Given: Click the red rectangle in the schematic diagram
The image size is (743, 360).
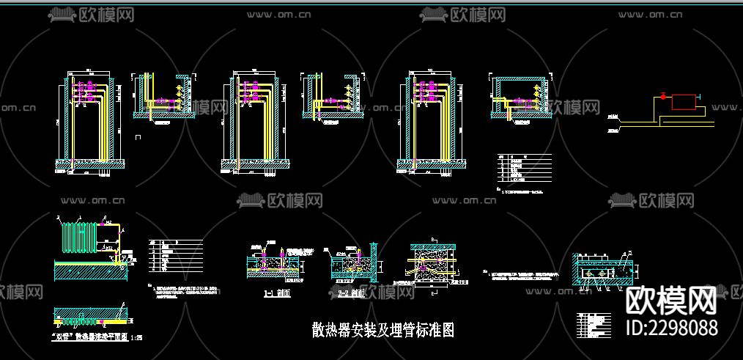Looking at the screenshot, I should pyautogui.click(x=685, y=102).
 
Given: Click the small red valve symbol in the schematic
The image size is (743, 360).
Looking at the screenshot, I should pyautogui.click(x=662, y=97).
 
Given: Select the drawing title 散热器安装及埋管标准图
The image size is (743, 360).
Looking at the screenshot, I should pyautogui.click(x=382, y=330).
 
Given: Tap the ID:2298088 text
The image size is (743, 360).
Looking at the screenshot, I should pyautogui.click(x=672, y=327).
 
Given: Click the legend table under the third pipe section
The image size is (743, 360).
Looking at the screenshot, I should pyautogui.click(x=524, y=167).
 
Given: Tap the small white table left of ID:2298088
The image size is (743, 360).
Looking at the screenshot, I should pyautogui.click(x=594, y=322).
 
